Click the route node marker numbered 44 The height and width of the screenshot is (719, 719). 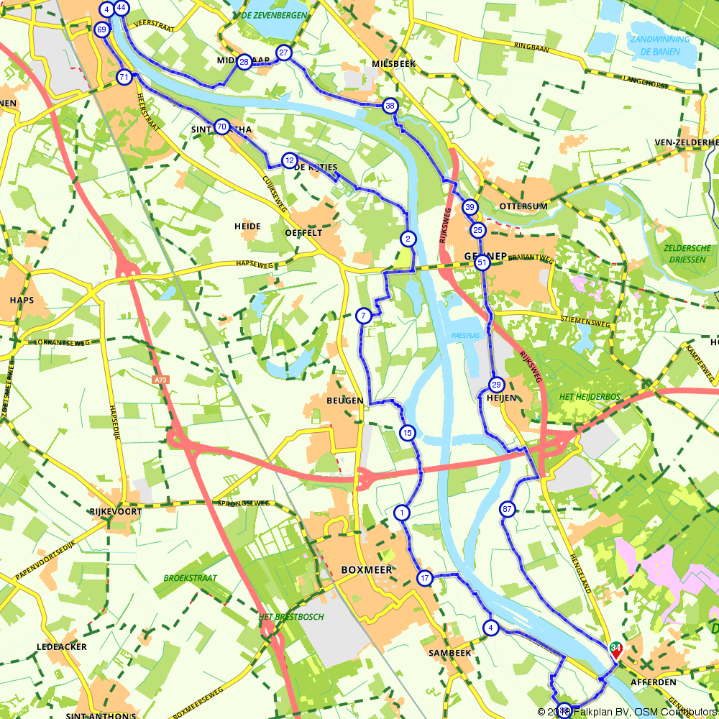coord(121,8)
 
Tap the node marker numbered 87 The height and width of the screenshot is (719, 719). coord(508,509)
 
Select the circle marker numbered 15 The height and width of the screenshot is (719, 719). coord(407,433)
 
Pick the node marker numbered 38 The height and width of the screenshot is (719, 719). coord(390,106)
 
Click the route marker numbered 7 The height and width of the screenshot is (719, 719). coord(364,316)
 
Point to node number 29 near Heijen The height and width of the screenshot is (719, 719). coord(496,384)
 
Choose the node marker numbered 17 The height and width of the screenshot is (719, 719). coord(425,578)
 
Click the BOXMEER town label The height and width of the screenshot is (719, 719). coord(367,569)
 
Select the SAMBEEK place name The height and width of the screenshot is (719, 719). coord(449,653)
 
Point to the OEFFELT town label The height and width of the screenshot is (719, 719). coord(303,233)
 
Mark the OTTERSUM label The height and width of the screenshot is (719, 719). coord(523,206)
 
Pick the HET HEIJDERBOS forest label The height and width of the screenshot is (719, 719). coord(589,397)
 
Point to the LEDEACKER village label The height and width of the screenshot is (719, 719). coord(62,647)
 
